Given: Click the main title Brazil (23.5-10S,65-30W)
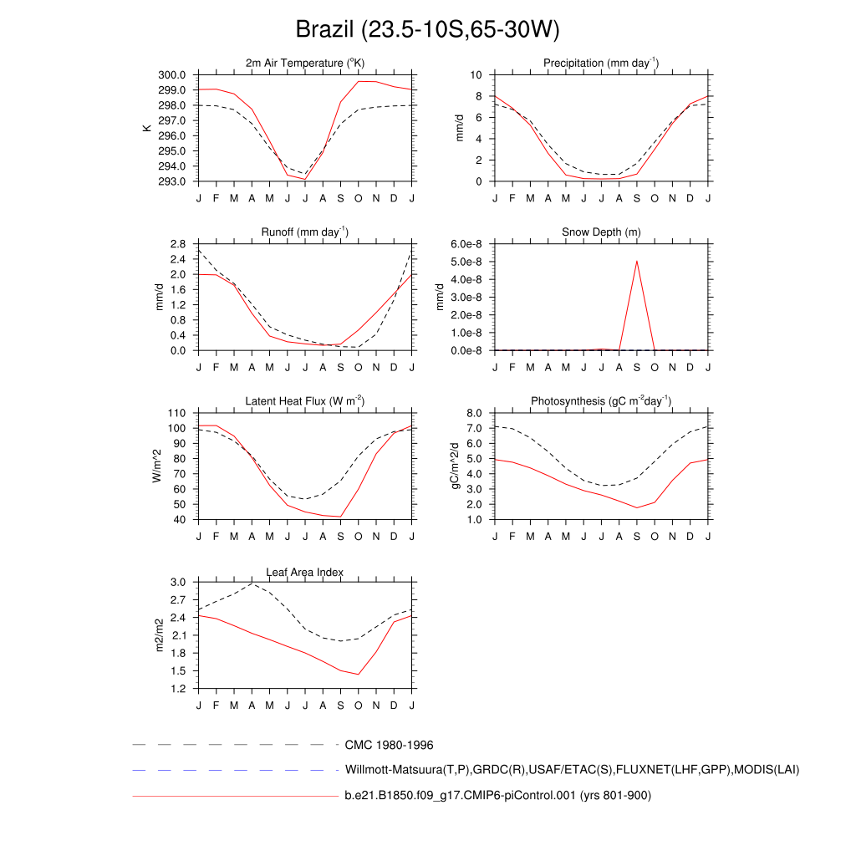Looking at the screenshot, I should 427,30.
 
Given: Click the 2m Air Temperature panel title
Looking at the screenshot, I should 305,63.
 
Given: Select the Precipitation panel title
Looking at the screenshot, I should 601,63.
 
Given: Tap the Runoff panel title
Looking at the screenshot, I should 305,232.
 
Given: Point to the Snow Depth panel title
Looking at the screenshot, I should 601,232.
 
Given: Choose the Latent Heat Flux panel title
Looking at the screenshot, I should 305,401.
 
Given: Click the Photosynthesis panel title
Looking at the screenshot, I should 601,401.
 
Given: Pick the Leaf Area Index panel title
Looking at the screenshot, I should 305,572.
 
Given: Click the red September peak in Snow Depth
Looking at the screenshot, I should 637,261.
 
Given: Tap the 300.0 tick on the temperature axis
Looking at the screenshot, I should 172,75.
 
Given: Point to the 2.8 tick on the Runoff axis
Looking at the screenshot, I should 177,244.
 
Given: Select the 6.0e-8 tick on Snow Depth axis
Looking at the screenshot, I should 468,244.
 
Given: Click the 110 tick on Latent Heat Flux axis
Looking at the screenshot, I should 176,414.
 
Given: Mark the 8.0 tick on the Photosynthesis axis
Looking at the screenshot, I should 474,414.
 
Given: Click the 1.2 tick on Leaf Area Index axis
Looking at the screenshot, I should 177,689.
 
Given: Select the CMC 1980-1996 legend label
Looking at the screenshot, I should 389,745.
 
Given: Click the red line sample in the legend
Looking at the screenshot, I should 234,796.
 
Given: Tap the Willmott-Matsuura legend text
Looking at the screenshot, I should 572,769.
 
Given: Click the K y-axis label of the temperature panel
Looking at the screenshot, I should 147,128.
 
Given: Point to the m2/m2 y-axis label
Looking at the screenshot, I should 159,635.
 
